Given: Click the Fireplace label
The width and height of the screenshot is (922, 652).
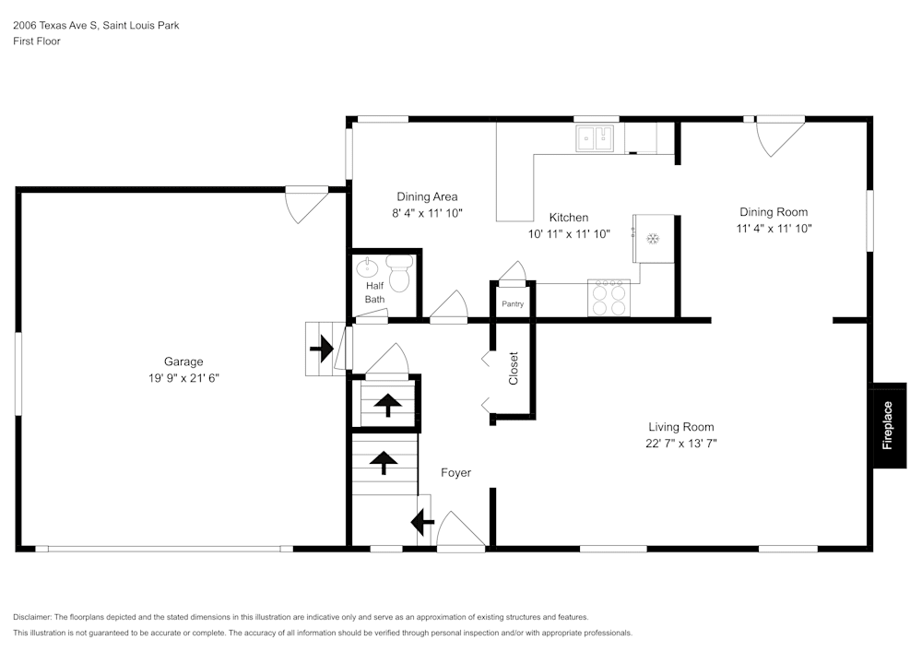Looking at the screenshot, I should pyautogui.click(x=888, y=425).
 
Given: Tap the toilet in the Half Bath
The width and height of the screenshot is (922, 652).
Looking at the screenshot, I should pyautogui.click(x=399, y=274).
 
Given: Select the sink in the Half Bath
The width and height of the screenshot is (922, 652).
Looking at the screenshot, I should pyautogui.click(x=367, y=269).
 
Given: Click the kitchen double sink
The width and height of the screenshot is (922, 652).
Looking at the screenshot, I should pyautogui.click(x=596, y=139).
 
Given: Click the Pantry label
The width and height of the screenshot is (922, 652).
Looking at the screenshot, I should pyautogui.click(x=513, y=303).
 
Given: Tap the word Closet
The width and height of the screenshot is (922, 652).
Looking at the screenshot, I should pyautogui.click(x=514, y=368).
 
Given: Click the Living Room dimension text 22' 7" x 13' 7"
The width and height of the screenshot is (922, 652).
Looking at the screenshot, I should pyautogui.click(x=681, y=444).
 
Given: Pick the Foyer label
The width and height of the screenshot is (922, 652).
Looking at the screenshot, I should pyautogui.click(x=455, y=473).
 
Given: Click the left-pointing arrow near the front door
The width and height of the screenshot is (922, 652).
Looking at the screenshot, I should pyautogui.click(x=422, y=523).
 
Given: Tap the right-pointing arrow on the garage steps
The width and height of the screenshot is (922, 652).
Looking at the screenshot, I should pyautogui.click(x=321, y=349).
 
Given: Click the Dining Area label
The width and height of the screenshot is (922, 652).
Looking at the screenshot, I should pyautogui.click(x=427, y=196).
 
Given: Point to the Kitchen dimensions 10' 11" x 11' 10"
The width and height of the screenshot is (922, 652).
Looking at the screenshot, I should pyautogui.click(x=569, y=234).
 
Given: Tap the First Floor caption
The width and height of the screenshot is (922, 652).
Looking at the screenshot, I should pyautogui.click(x=37, y=41).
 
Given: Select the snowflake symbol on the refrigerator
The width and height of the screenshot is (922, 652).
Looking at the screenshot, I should pyautogui.click(x=653, y=240).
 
